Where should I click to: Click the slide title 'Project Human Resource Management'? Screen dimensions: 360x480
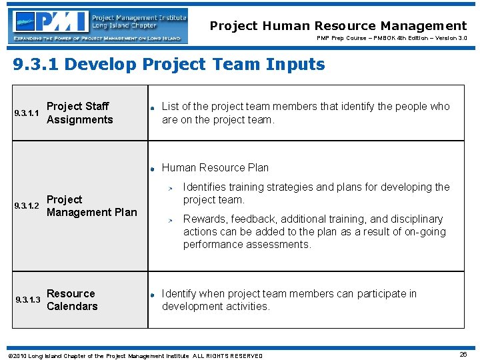coord(338,26)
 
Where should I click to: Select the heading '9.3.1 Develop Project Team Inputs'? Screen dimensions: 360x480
coord(169,65)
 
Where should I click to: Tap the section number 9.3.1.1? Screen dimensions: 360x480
coord(27,113)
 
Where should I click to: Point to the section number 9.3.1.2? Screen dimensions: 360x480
coord(27,206)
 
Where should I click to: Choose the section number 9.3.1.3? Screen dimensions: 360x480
coord(27,300)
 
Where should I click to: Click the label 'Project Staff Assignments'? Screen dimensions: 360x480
coord(80,113)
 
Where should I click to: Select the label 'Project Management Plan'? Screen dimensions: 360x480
coord(91,206)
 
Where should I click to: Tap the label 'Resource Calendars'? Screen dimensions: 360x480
coord(72,300)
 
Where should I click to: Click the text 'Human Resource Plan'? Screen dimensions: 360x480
coord(215,168)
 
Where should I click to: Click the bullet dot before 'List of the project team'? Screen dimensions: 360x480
coord(153,108)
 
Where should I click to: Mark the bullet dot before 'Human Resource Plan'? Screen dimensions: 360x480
coord(153,169)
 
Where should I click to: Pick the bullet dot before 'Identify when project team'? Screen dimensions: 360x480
coord(153,295)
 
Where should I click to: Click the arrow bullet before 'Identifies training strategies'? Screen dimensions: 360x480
coord(170,189)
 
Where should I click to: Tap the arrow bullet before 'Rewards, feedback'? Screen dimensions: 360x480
coord(170,220)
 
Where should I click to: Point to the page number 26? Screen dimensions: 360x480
coord(463,355)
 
